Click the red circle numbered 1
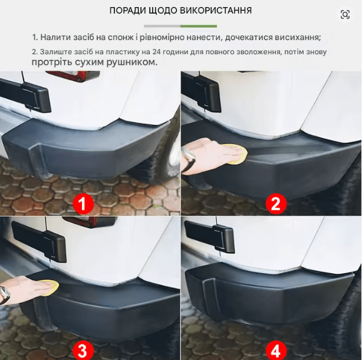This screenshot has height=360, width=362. pos(83,204)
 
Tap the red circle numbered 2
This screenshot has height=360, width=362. pos(276,204)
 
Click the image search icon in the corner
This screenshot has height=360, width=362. pos(345,15)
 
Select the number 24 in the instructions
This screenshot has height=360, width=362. pos(157,51)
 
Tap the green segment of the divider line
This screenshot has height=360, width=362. pos(199,26)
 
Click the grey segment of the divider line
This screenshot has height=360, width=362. pos(162,26)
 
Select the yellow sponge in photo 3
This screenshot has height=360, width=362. pos(50,287)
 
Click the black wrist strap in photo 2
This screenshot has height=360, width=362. pos(188,160)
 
